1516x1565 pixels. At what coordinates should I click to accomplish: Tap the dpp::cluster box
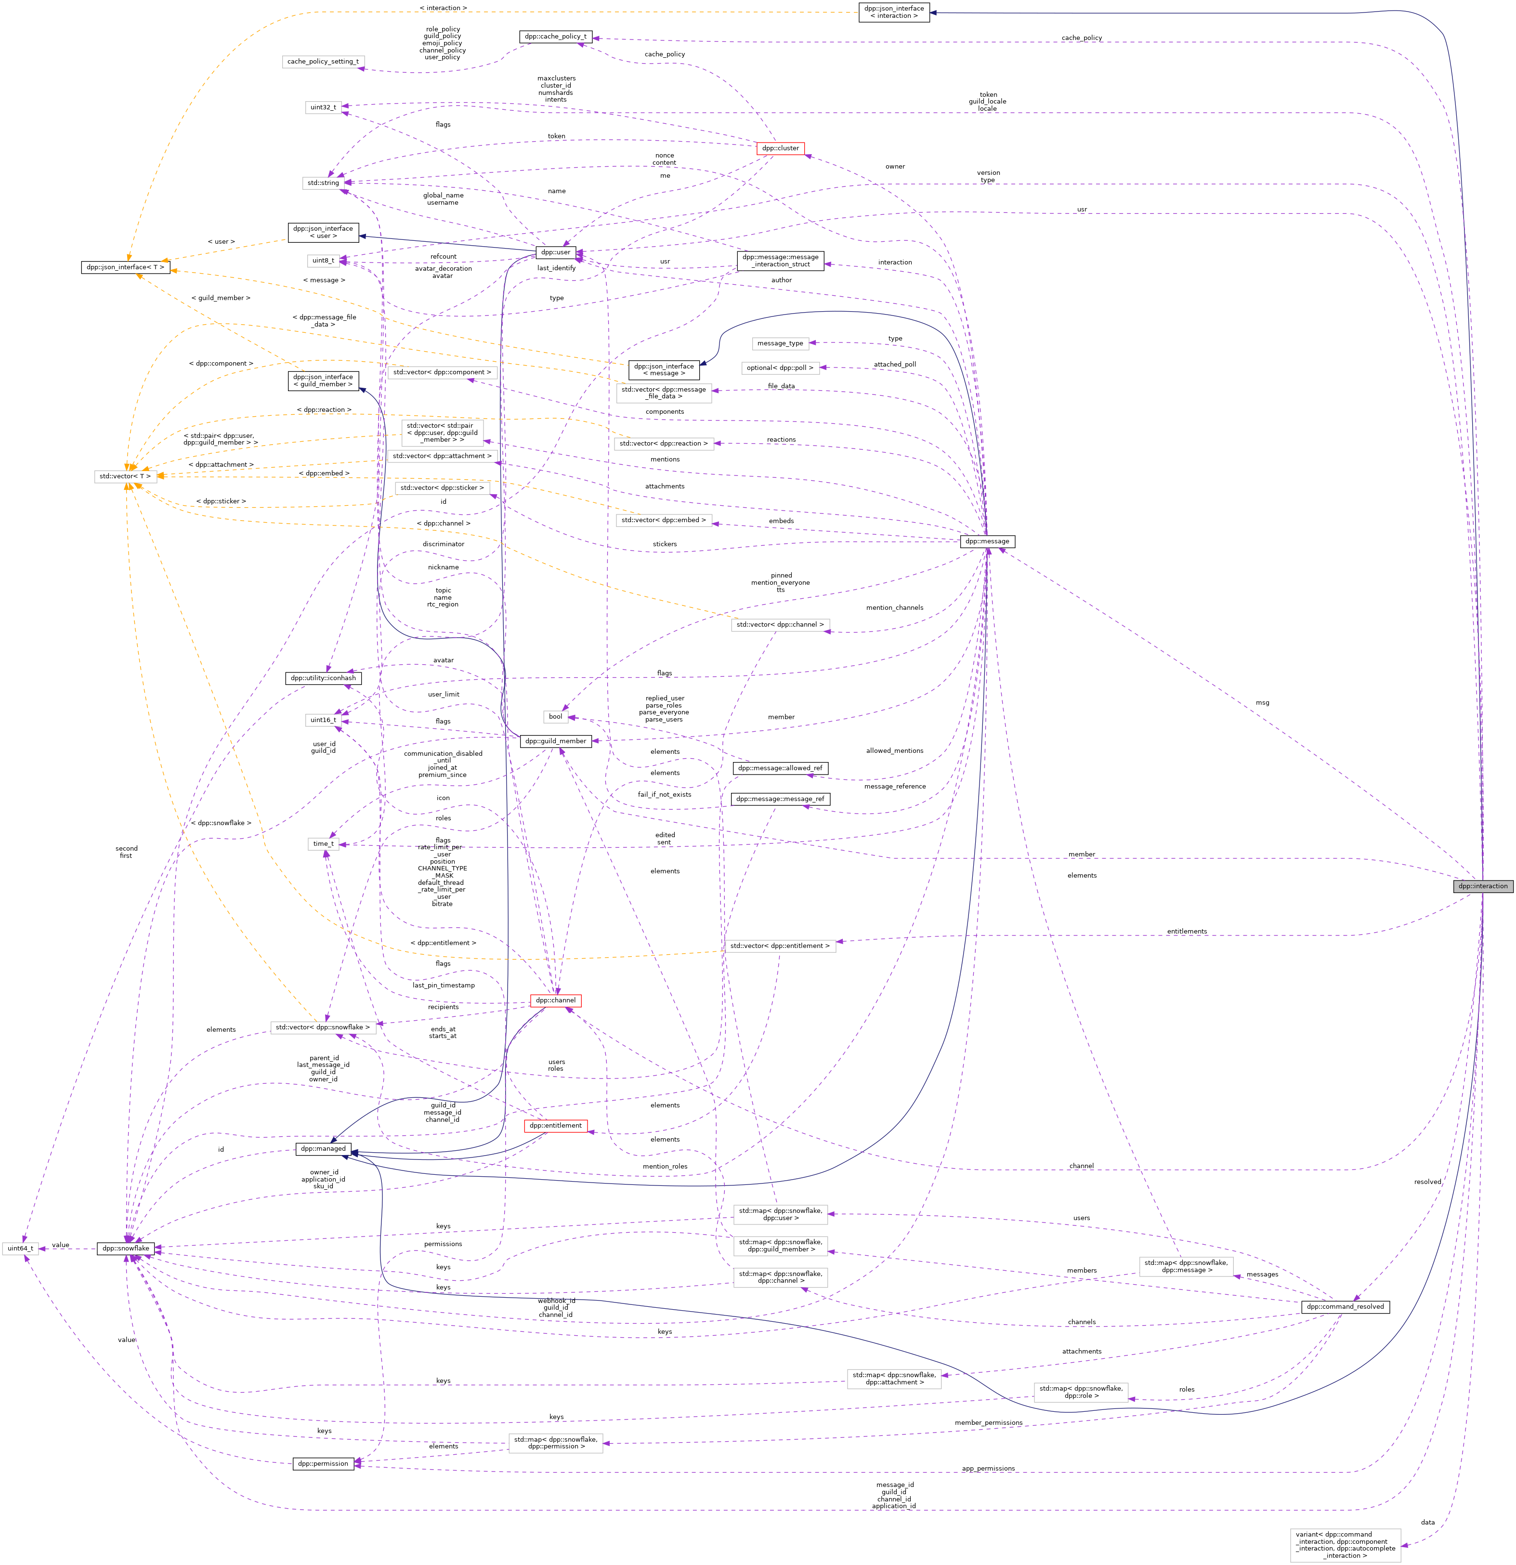point(780,148)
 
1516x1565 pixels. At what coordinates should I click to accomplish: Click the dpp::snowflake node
point(125,1248)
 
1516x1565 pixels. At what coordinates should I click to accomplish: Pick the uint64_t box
point(20,1248)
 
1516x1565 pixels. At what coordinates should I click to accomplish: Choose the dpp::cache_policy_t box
point(555,37)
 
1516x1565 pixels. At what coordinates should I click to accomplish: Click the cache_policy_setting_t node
point(323,62)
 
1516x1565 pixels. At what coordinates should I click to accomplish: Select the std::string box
point(323,183)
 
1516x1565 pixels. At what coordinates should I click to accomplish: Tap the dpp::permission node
point(323,1463)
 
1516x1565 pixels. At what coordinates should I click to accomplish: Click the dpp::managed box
point(323,1149)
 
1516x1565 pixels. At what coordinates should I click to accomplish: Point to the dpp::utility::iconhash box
point(323,678)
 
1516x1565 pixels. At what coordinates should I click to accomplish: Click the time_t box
point(323,844)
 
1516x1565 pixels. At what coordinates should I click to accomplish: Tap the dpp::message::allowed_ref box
point(780,768)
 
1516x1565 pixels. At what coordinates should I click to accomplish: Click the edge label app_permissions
point(988,1468)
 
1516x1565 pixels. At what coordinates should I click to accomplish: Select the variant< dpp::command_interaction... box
point(1345,1545)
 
